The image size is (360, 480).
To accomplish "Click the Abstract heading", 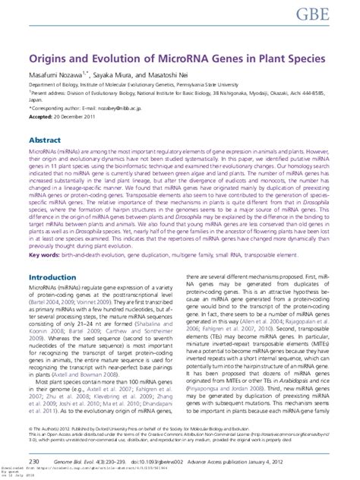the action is pyautogui.click(x=45, y=141).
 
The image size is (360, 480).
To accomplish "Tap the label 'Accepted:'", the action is pyautogui.click(x=41, y=118).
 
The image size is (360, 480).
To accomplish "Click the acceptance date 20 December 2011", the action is pyautogui.click(x=79, y=118).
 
